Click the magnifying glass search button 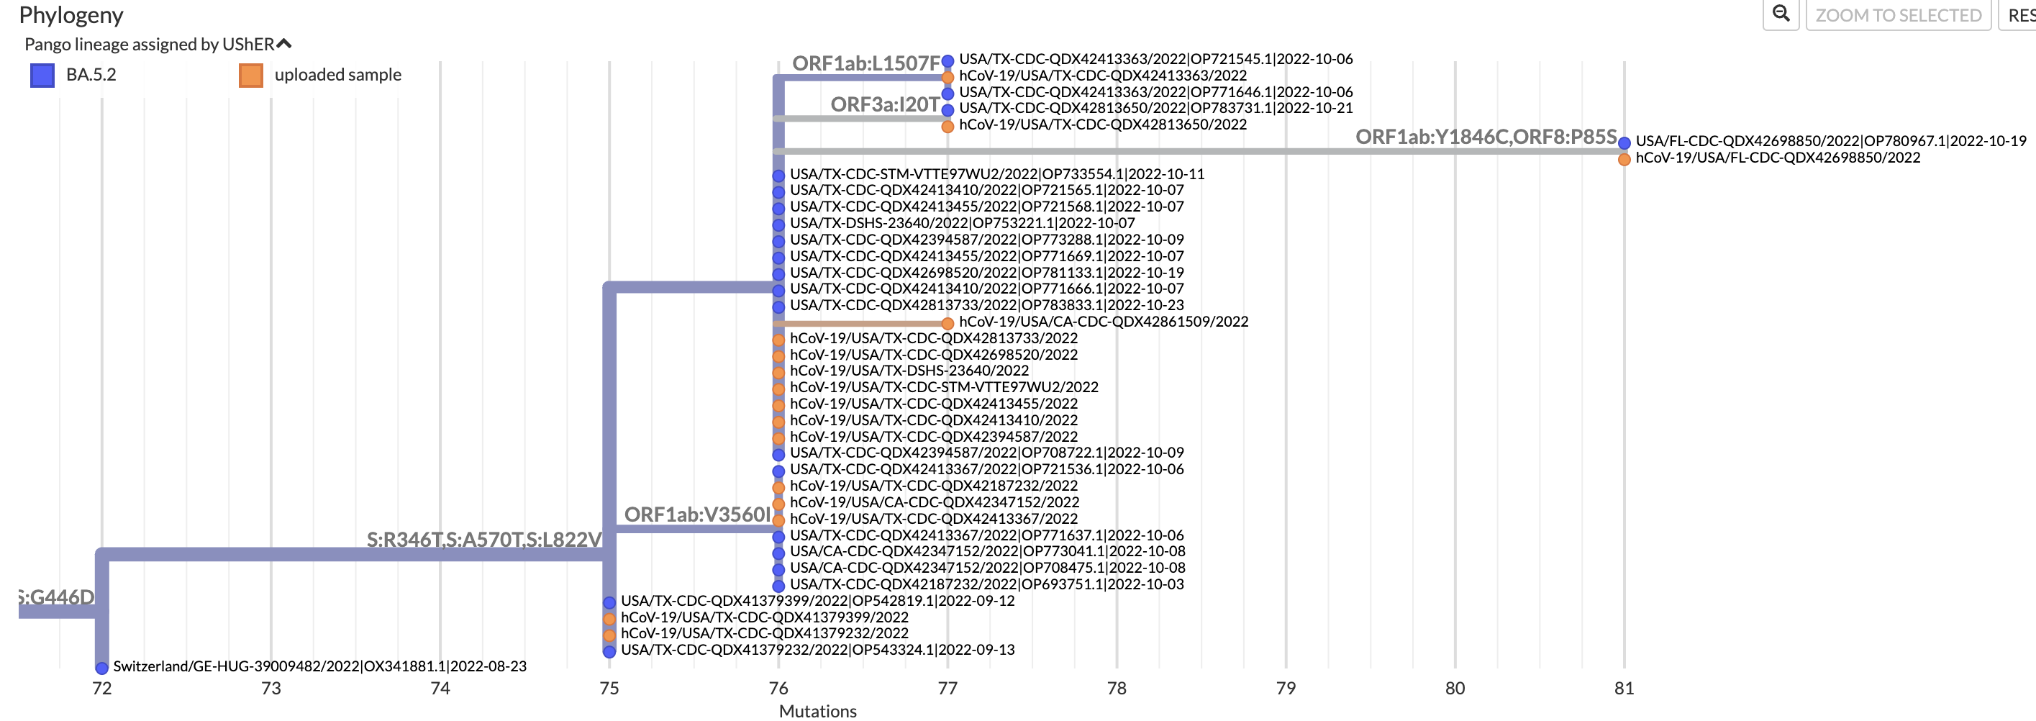coord(1781,14)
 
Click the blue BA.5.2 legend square coord(42,75)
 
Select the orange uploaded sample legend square coord(250,75)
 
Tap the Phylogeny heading coord(71,15)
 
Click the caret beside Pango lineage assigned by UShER coord(284,43)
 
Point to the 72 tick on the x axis coord(102,688)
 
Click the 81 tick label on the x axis coord(1624,688)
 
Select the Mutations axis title coord(817,711)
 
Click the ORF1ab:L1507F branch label coord(865,63)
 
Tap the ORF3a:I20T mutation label coord(884,104)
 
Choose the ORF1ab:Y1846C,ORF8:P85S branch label coord(1486,137)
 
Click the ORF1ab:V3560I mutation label coord(697,514)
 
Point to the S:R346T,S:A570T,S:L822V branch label coord(483,539)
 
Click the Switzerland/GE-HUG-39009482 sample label coord(319,666)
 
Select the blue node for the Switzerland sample coord(102,668)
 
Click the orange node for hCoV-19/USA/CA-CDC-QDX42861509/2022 coord(947,323)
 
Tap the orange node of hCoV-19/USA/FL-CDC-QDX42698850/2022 coord(1624,160)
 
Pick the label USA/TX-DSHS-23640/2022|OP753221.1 coord(962,223)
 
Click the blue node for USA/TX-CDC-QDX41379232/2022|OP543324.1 coord(609,651)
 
